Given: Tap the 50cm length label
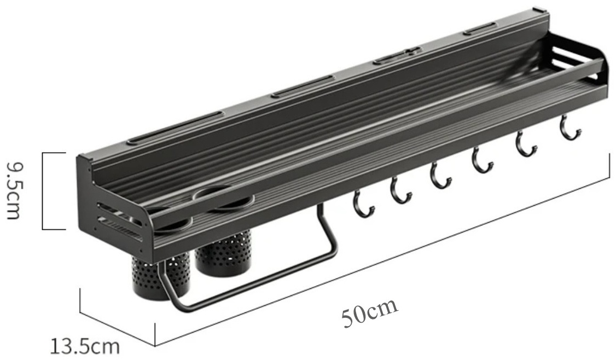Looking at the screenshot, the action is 369,313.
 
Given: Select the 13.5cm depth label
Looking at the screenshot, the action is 84,347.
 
